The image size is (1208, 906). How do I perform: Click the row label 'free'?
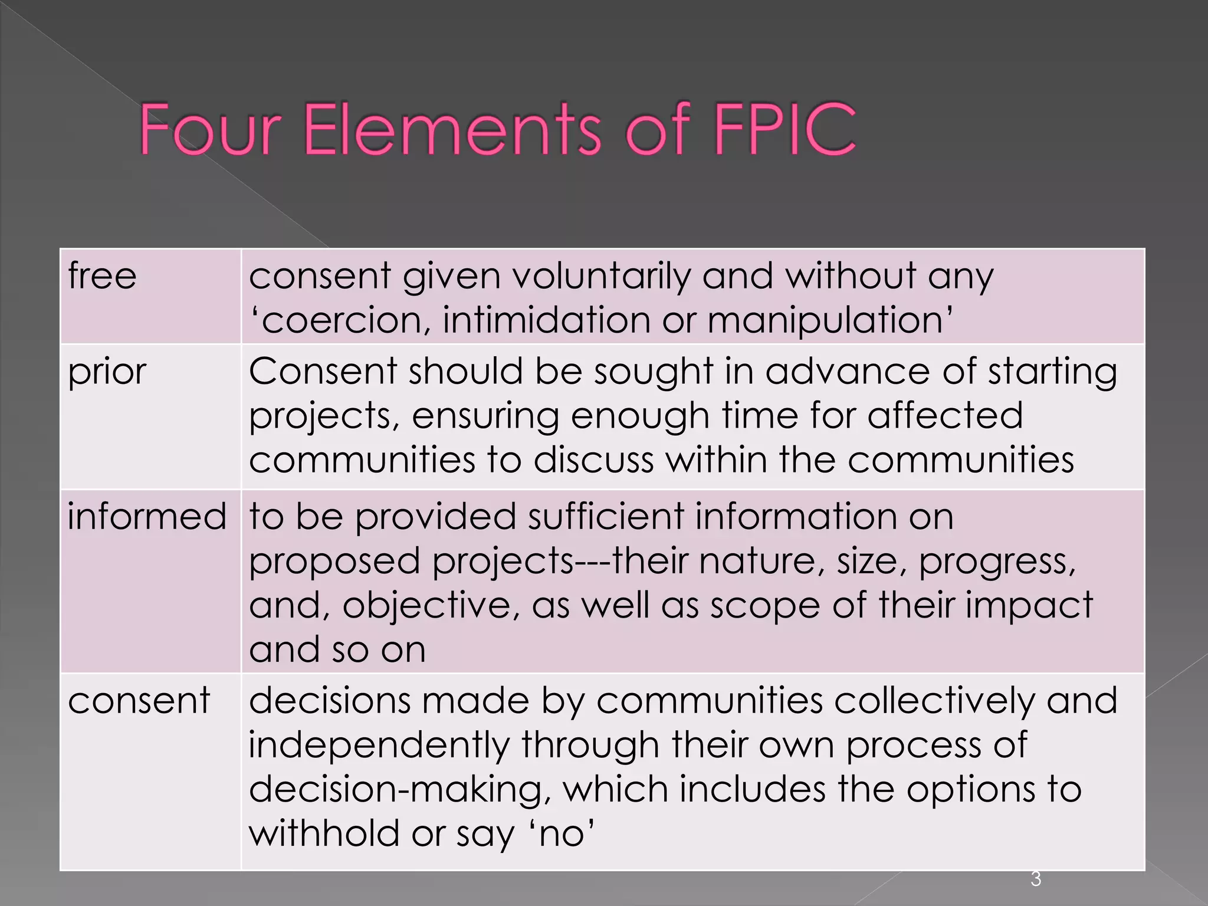[102, 275]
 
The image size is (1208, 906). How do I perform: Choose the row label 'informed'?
[147, 516]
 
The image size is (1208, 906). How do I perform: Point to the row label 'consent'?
[139, 701]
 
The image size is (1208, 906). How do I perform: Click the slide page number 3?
[1036, 879]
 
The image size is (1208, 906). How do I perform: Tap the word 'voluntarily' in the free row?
[602, 276]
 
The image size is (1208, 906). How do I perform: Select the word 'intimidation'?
[546, 320]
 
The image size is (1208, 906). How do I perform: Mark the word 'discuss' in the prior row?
[593, 460]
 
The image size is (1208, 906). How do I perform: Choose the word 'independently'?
[378, 746]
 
